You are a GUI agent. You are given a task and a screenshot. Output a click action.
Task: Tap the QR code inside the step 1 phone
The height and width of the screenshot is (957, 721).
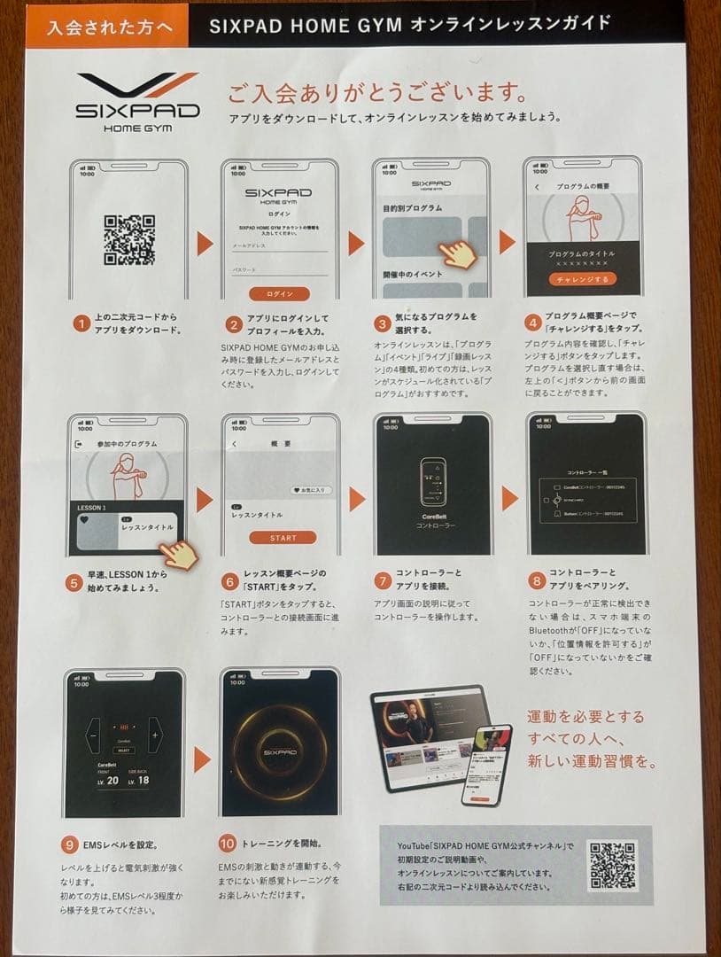click(129, 239)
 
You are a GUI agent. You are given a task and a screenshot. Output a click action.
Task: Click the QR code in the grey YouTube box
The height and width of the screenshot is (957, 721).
click(612, 865)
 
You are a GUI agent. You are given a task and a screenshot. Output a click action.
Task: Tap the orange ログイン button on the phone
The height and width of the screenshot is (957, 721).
click(279, 294)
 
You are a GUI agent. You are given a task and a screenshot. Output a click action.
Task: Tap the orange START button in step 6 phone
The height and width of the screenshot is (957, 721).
click(283, 538)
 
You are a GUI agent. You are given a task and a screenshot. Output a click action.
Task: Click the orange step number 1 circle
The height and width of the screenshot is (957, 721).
click(80, 323)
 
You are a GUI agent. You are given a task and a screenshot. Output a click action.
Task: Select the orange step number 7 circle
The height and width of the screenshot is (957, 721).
click(383, 580)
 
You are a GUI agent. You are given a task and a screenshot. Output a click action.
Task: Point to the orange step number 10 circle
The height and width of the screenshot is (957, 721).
click(229, 844)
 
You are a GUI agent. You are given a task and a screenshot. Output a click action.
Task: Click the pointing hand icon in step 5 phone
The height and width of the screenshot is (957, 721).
click(180, 554)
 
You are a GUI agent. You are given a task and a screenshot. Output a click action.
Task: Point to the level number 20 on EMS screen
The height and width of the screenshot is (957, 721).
click(112, 780)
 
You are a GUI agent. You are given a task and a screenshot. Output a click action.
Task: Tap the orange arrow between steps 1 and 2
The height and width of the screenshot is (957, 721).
click(205, 243)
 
